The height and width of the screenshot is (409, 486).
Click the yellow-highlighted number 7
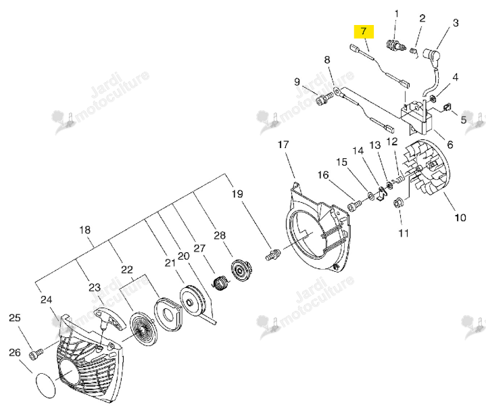click(x=364, y=31)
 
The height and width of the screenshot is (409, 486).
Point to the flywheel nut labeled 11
click(x=397, y=203)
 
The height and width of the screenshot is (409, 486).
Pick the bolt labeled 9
click(x=324, y=99)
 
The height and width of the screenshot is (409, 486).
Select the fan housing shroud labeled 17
click(x=318, y=228)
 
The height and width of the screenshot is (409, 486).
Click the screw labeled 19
click(x=273, y=254)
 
